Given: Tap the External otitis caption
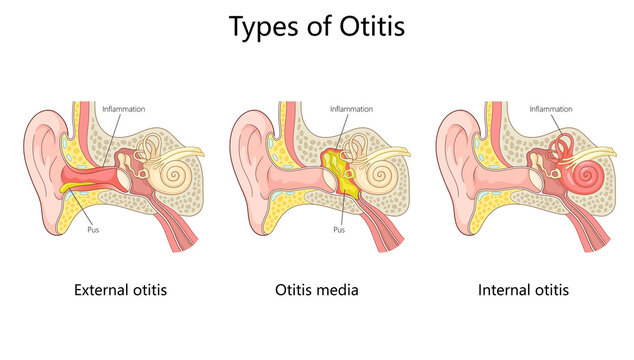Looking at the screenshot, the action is [x=120, y=290].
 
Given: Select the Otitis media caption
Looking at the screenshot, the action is [x=316, y=290].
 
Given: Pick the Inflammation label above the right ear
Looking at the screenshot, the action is [x=550, y=109].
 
